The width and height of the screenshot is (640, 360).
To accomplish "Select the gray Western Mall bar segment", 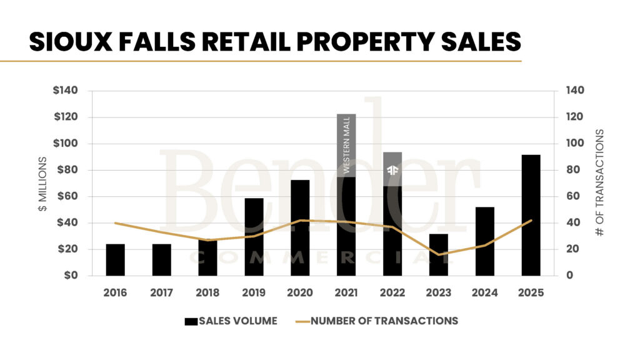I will [x=346, y=145].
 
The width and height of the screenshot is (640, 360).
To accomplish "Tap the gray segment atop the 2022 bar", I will [x=392, y=160].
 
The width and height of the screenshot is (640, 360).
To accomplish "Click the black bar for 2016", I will [x=115, y=259].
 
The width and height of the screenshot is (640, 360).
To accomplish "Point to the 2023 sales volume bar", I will [x=439, y=254].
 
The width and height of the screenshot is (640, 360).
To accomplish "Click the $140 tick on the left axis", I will [x=66, y=91].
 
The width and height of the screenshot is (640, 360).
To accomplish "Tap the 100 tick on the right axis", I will [x=575, y=144].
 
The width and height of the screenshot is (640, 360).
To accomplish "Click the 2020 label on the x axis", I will [x=300, y=292].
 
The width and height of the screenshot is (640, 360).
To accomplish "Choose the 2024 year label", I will [x=485, y=292].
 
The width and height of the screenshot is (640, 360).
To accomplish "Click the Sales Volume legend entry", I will [x=231, y=321].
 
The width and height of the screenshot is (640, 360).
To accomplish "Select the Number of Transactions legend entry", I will [x=376, y=321].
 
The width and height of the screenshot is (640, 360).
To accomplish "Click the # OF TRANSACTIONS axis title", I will [x=599, y=182].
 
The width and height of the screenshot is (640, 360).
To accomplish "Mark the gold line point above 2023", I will [x=439, y=254].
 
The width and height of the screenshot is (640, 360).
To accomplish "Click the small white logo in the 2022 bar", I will [x=392, y=170].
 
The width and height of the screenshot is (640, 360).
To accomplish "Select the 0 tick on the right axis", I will [x=569, y=276].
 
